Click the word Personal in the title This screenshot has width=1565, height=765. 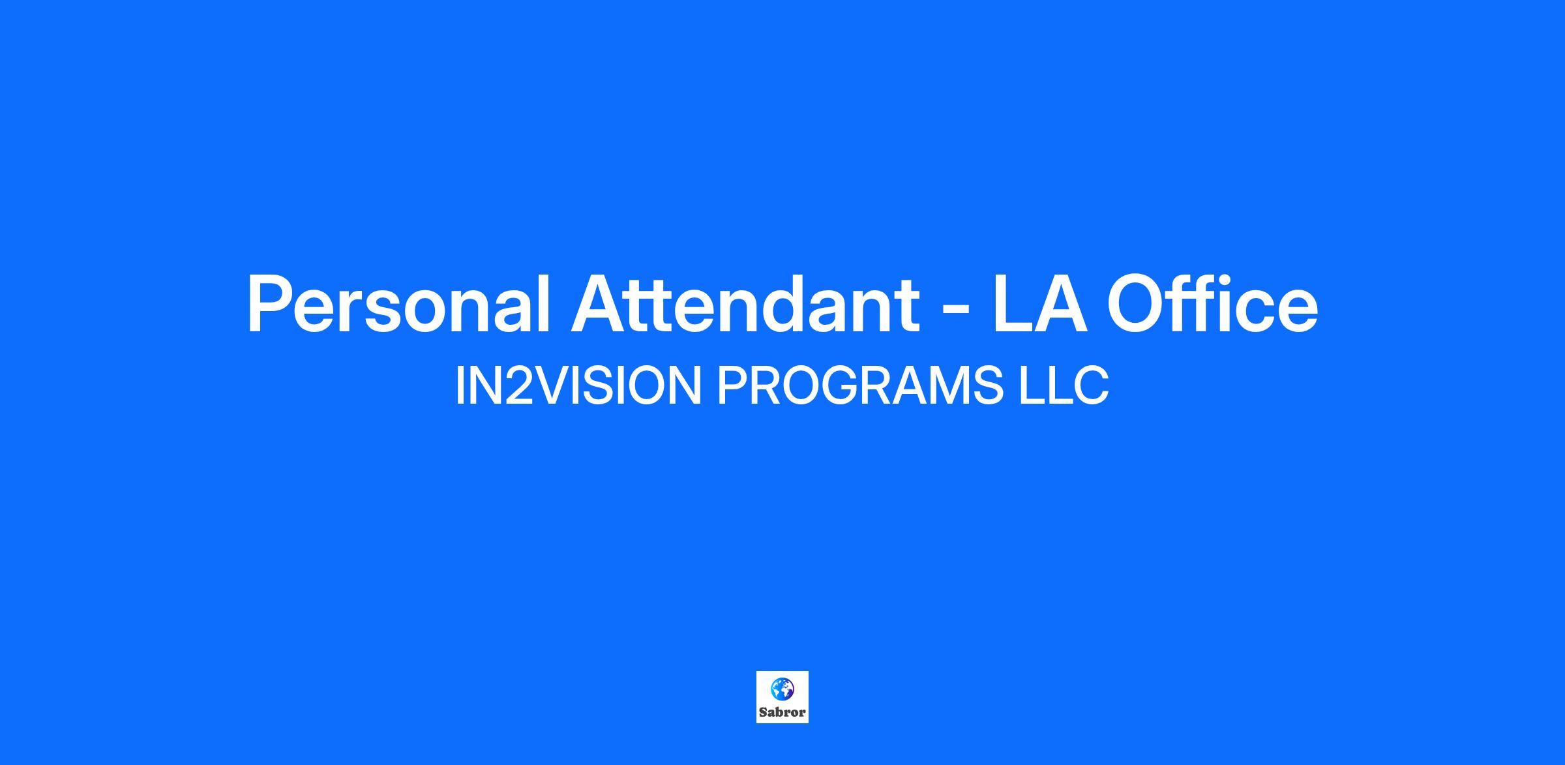[398, 305]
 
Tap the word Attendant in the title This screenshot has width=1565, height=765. [745, 305]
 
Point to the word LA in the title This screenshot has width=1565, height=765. [1039, 305]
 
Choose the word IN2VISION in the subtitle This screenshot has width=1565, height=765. [578, 385]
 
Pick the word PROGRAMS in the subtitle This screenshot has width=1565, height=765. [860, 385]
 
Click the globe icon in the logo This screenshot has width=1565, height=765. [782, 687]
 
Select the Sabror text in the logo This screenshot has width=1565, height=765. [782, 712]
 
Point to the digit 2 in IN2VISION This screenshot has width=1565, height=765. [518, 385]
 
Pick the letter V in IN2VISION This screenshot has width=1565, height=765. [551, 385]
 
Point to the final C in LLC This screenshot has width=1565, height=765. [1092, 385]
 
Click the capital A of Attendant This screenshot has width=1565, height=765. [601, 305]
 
